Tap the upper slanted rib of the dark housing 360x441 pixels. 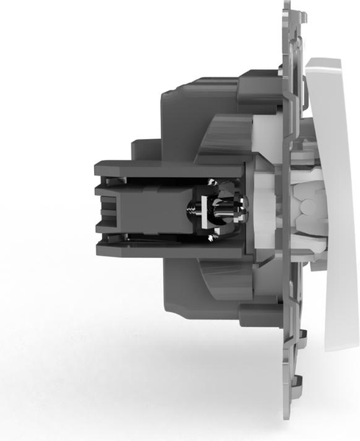pyautogui.click(x=217, y=140)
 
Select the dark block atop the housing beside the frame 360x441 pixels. pyautogui.click(x=257, y=81)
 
